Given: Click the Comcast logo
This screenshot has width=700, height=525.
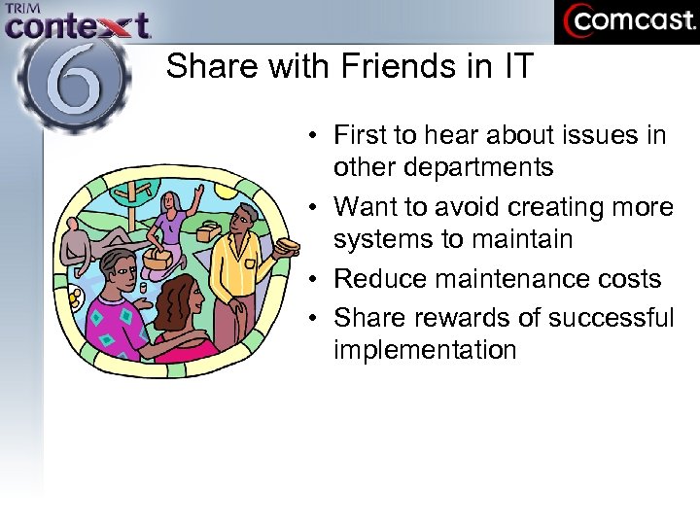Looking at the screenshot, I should click(626, 21).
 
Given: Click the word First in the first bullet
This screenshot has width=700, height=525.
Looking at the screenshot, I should click(364, 135).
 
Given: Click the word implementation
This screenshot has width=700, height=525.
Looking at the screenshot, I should click(425, 350).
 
